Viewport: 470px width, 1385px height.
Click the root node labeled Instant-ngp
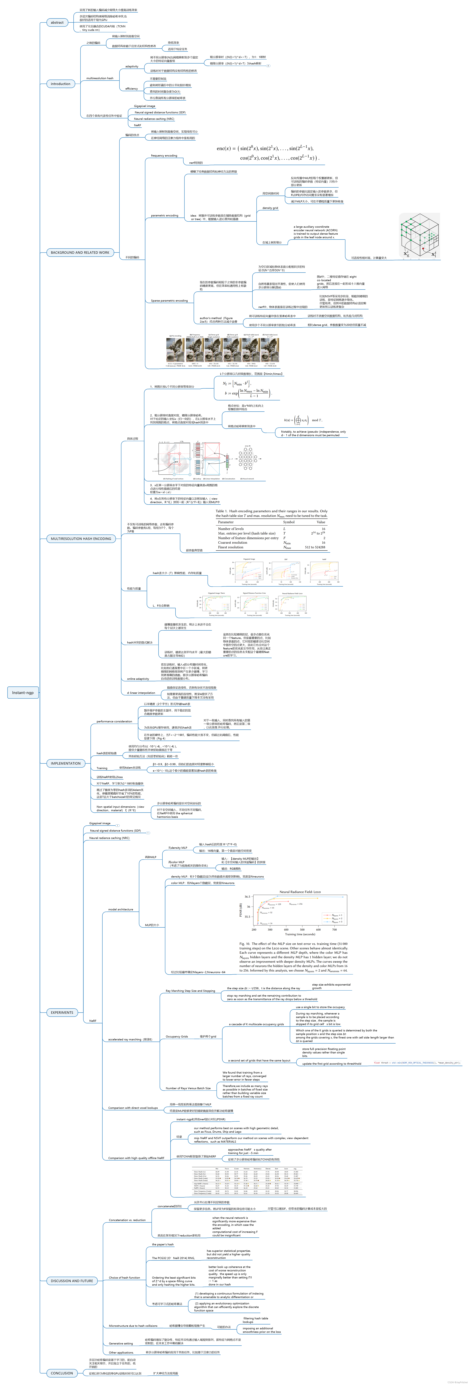coord(23,693)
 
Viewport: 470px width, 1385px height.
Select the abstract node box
coord(57,23)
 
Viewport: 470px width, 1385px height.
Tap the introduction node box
coord(60,84)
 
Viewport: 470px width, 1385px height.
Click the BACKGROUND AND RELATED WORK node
coord(80,252)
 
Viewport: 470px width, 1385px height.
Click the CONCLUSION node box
coord(62,1373)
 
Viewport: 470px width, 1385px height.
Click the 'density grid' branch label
coord(270,208)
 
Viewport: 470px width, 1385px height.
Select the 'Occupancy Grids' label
coord(176,1037)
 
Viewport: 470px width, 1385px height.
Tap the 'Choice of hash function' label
coord(124,1277)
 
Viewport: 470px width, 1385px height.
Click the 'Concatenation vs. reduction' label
coord(127,1220)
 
